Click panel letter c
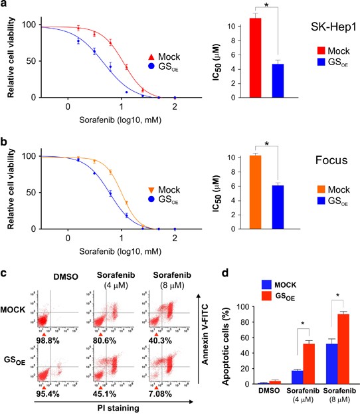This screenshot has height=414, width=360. pyautogui.click(x=5, y=270)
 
